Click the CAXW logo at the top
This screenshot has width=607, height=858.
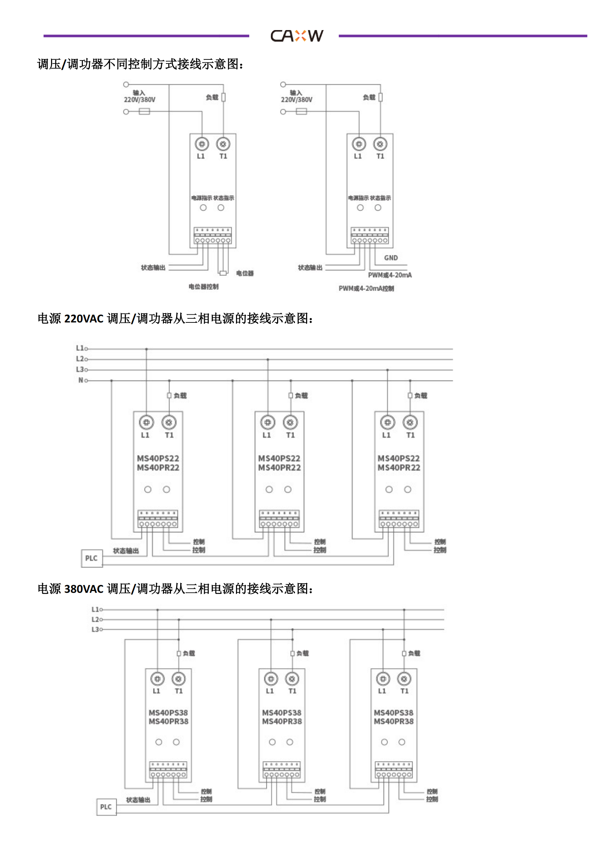coord(297,36)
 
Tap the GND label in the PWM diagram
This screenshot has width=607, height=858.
coord(390,258)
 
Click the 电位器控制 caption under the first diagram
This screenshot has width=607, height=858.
coord(203,286)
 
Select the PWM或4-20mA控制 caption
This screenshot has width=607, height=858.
coord(366,288)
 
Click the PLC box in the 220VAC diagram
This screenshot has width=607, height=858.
coord(92,558)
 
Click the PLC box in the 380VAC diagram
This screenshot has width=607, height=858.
coord(106,807)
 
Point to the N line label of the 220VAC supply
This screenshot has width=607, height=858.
coord(81,380)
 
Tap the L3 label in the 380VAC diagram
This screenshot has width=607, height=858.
coord(95,629)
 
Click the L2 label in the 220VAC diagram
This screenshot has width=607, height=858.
coord(80,359)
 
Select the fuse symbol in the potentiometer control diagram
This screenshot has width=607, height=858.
coord(144,112)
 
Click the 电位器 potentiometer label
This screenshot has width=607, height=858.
coord(245,274)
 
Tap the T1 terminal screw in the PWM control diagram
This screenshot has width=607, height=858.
coord(380,144)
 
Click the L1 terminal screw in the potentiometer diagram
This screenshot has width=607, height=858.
coord(202,144)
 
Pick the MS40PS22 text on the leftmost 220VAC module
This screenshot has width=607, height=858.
coord(158,459)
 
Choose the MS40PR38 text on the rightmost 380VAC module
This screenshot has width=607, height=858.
coord(393,722)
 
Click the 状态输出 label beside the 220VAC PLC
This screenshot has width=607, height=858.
coord(126,551)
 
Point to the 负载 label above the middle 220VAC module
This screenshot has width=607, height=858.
coord(301,395)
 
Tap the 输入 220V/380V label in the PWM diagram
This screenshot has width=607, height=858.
coord(297,96)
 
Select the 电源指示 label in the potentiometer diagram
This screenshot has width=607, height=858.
coord(201,198)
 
